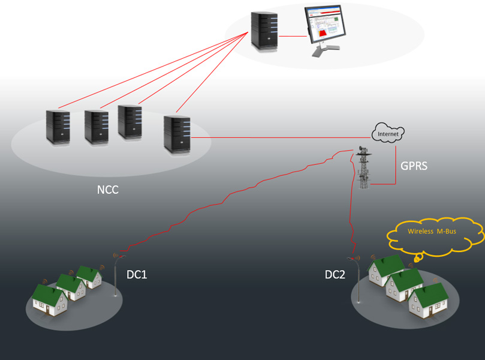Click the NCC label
click(x=107, y=191)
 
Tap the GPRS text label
click(x=414, y=166)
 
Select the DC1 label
click(x=137, y=275)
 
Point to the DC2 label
click(x=335, y=275)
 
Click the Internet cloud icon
click(x=388, y=133)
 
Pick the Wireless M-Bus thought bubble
click(x=435, y=232)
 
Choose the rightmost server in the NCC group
click(x=177, y=133)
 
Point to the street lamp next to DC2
click(x=357, y=280)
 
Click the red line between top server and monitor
click(x=293, y=36)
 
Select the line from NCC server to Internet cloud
click(x=282, y=137)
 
